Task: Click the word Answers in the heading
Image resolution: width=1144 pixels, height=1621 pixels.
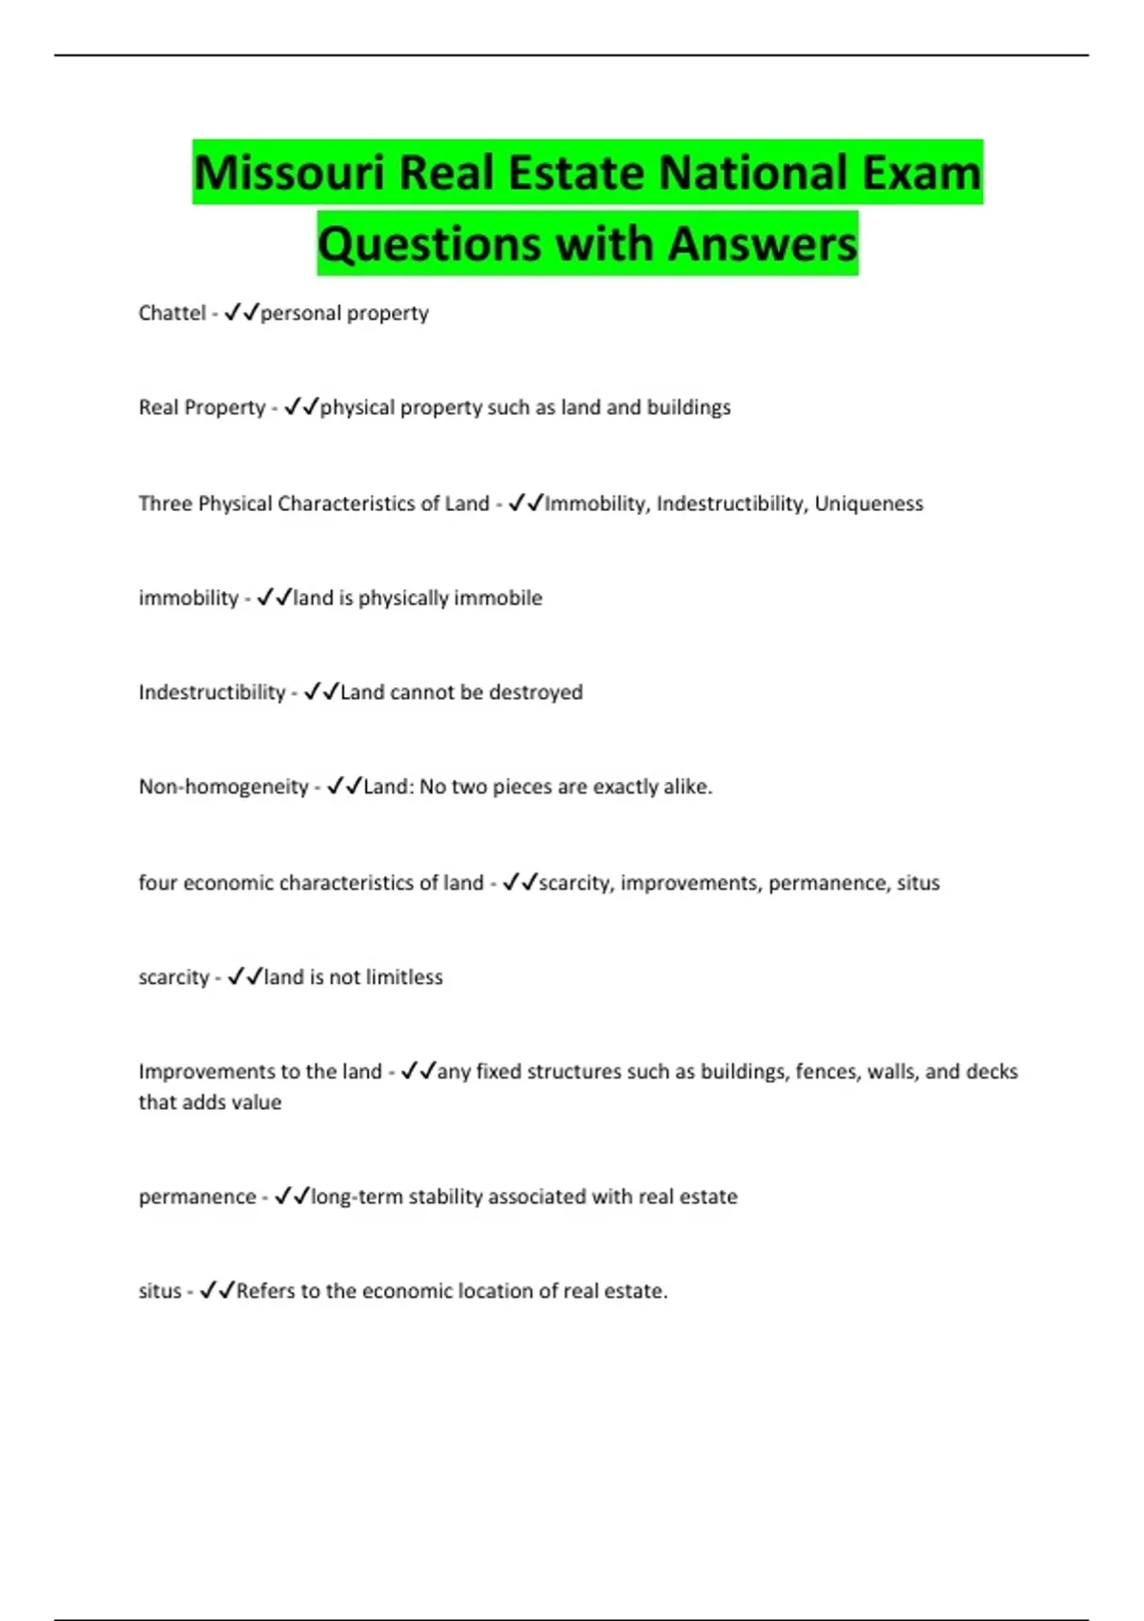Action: [763, 244]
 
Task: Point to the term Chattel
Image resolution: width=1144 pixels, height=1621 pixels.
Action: [172, 313]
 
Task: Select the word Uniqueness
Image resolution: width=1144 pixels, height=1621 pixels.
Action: [868, 503]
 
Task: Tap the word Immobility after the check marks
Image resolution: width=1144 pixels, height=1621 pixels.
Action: [596, 503]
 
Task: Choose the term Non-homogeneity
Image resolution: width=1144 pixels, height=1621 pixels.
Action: [223, 788]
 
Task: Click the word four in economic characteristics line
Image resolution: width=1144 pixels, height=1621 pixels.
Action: [157, 883]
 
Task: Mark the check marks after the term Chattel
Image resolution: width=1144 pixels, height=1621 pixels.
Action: [242, 313]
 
